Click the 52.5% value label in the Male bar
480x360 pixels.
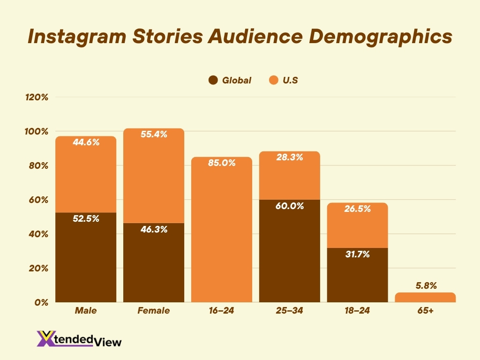coord(86,218)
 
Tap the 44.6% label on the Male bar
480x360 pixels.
coord(86,142)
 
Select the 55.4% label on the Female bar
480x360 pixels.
coord(154,134)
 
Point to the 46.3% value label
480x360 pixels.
coord(154,229)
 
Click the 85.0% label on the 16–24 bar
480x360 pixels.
coord(222,163)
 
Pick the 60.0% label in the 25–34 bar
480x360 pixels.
coord(290,206)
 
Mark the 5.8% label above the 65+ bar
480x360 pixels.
coord(425,285)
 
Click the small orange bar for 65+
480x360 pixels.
coord(425,297)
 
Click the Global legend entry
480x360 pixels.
coord(230,80)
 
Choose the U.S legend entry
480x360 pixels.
coord(284,80)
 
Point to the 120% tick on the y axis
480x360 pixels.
coord(37,97)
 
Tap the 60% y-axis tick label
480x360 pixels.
coord(38,200)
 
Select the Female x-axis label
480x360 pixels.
coord(154,311)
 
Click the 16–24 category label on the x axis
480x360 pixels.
coord(222,311)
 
